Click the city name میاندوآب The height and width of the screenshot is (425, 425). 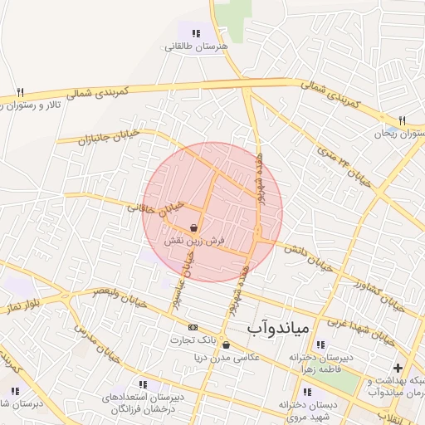pyautogui.click(x=278, y=329)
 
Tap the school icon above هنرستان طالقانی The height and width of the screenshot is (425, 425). pyautogui.click(x=196, y=33)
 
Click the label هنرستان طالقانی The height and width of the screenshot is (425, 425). pyautogui.click(x=196, y=46)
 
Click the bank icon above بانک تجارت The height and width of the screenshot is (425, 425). pyautogui.click(x=193, y=327)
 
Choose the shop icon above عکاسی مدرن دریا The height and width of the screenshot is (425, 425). pyautogui.click(x=226, y=344)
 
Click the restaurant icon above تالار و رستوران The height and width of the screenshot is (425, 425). pyautogui.click(x=21, y=92)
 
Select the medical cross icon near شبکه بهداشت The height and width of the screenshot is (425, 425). pyautogui.click(x=398, y=368)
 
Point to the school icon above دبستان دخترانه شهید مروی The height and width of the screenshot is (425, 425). pyautogui.click(x=308, y=392)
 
